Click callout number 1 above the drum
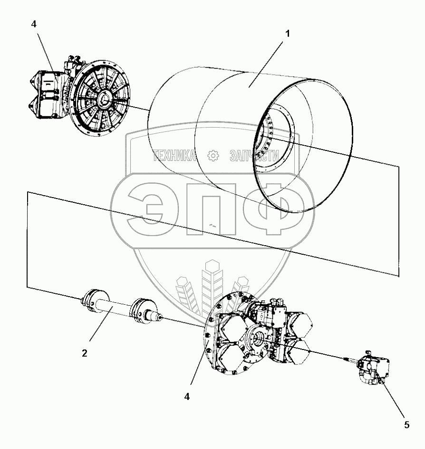[287, 34]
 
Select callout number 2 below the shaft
[84, 353]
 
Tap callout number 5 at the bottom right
[406, 425]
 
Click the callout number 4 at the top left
[34, 23]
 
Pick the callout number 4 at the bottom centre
[187, 396]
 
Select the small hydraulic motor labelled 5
[374, 369]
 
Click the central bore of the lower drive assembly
[259, 339]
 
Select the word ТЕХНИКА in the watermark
[174, 155]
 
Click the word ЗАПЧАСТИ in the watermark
[253, 155]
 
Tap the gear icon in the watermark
[212, 155]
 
